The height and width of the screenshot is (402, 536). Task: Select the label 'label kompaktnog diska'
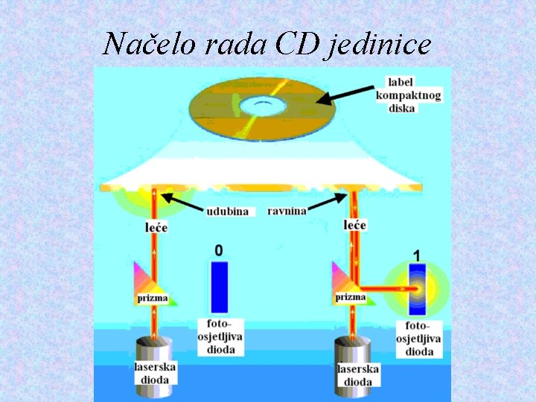coord(408,95)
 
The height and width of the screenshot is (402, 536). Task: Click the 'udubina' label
coord(229,211)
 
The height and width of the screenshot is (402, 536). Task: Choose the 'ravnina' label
coord(287,211)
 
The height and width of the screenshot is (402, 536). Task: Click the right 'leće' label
coord(356,224)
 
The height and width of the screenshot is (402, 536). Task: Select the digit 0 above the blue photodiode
coord(218,251)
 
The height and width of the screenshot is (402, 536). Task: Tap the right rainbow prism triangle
coord(346,279)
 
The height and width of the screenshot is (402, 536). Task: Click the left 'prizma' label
coord(153,299)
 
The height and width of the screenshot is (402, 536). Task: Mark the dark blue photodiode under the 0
coord(219,287)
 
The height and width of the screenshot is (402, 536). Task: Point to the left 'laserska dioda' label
coord(156,372)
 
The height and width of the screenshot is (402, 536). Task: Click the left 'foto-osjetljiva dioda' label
coord(220,337)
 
